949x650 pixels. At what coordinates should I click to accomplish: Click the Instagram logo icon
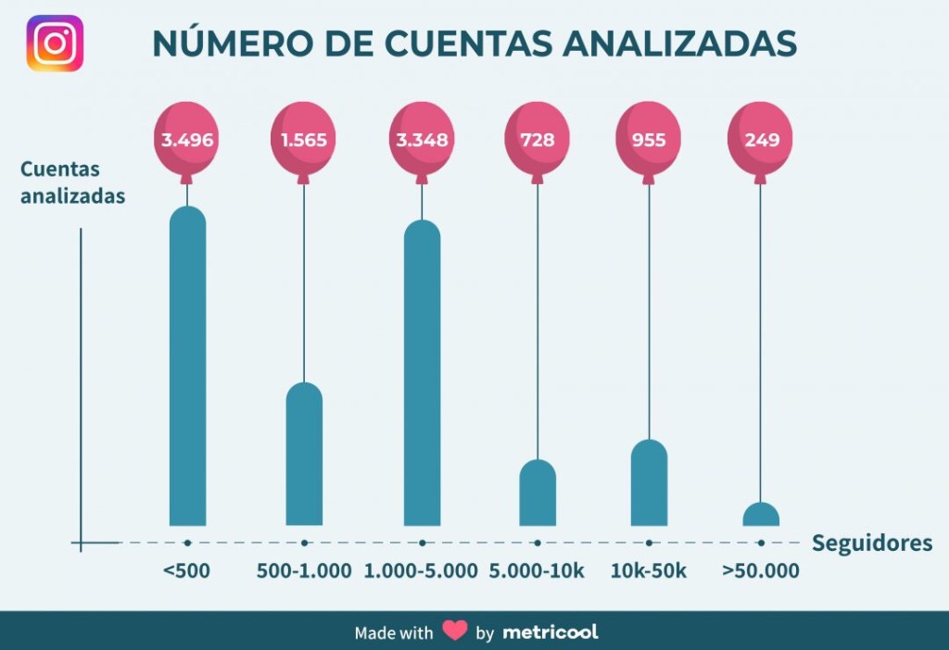click(55, 44)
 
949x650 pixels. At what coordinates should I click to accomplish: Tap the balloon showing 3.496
click(187, 140)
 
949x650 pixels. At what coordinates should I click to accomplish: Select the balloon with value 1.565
click(304, 140)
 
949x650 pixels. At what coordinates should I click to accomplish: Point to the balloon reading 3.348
click(422, 140)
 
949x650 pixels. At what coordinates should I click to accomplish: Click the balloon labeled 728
click(538, 140)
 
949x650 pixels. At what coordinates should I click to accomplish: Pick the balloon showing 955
click(649, 140)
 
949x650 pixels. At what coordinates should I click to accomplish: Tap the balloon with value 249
click(761, 140)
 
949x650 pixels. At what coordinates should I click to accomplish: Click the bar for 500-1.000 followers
click(304, 454)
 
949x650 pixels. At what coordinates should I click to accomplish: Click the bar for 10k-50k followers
click(649, 482)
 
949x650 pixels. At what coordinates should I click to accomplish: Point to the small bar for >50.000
click(761, 515)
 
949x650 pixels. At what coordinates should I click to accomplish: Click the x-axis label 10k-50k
click(649, 571)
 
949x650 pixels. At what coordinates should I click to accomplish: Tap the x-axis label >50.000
click(761, 571)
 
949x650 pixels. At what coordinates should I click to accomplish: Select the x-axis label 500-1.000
click(304, 571)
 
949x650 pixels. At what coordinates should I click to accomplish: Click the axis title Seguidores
click(872, 544)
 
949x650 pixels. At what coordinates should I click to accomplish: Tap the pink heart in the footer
click(454, 631)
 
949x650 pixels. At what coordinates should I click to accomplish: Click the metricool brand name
click(550, 632)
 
